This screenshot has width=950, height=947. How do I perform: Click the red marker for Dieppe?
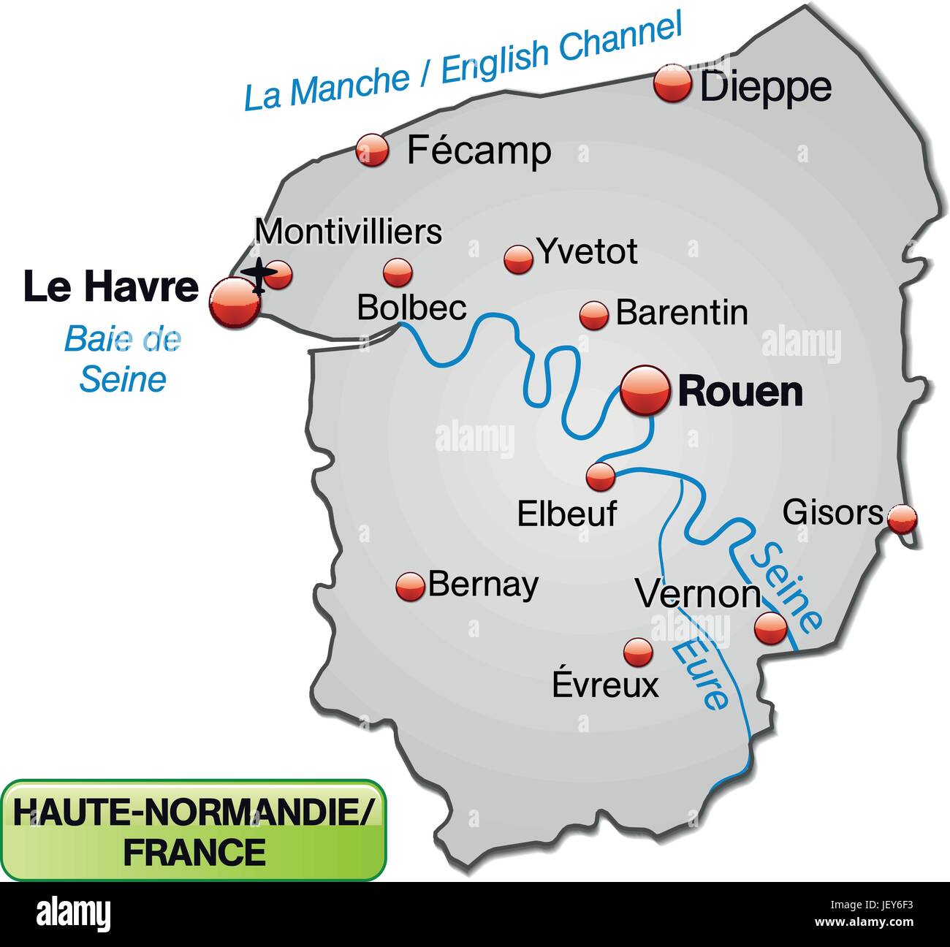672,83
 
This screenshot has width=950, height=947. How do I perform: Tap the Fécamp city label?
479,151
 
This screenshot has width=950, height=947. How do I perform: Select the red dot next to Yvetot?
519,259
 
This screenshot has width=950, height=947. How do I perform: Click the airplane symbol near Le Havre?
258,276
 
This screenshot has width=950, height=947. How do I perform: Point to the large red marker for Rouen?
645,391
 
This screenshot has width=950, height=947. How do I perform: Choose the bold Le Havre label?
111,286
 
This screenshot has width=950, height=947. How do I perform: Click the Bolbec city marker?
398,272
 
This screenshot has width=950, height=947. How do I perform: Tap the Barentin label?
682,313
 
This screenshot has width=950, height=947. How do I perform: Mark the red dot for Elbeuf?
601,476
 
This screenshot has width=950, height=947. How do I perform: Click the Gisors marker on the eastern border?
902,519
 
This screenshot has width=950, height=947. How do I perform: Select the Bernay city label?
483,584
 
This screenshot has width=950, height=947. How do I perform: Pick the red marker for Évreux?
638,651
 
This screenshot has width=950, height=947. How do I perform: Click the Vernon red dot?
770,627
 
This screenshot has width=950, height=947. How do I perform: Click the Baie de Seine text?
123,359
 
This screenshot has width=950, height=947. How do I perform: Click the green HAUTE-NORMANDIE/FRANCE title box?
193,829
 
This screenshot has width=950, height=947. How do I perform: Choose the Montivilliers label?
349,232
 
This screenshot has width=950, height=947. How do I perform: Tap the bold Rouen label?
740,392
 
